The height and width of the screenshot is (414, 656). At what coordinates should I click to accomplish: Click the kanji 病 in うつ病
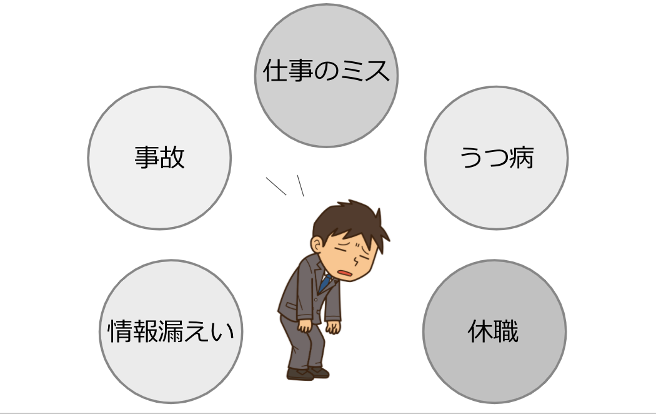tap(521, 158)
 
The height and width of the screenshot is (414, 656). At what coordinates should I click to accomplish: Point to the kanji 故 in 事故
tap(172, 158)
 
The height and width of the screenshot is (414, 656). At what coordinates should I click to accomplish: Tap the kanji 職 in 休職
tap(507, 332)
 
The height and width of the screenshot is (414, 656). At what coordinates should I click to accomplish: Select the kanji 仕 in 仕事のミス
tap(275, 72)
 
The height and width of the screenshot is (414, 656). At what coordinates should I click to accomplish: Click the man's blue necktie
tap(324, 283)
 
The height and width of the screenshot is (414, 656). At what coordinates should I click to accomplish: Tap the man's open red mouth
tap(345, 273)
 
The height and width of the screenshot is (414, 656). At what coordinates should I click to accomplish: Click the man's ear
tap(319, 241)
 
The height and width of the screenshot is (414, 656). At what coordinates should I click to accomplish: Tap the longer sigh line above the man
tap(276, 186)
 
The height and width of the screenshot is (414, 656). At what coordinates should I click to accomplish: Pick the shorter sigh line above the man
tap(300, 185)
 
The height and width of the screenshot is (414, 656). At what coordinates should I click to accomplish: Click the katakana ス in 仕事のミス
tap(377, 72)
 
